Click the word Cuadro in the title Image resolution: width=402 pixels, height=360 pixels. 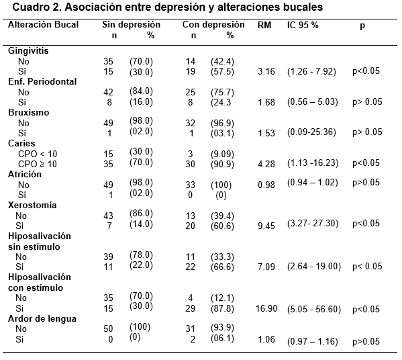31,7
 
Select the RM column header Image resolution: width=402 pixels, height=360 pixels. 264,25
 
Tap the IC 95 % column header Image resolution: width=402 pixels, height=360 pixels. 303,25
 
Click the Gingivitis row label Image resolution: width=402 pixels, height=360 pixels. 28,51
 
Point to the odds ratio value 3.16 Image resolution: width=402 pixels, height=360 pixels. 266,71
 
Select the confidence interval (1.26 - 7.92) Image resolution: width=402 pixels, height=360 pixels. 311,71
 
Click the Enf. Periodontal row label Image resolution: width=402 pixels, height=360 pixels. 42,81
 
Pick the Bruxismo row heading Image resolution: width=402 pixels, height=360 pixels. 28,112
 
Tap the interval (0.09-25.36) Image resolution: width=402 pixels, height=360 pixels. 311,132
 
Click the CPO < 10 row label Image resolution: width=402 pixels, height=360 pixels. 38,154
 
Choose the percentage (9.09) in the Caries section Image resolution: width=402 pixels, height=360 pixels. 222,154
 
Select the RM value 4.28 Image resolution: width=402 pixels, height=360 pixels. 266,164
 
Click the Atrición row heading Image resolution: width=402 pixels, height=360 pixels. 25,174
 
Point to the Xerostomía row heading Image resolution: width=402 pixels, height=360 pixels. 32,205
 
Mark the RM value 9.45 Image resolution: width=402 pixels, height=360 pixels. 266,226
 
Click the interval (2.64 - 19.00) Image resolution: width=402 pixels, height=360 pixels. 314,267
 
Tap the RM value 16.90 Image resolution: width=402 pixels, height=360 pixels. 266,308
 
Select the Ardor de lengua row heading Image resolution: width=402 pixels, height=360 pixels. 42,319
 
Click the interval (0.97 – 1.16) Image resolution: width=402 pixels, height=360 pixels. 313,341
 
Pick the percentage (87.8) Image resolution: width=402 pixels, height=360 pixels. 222,308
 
